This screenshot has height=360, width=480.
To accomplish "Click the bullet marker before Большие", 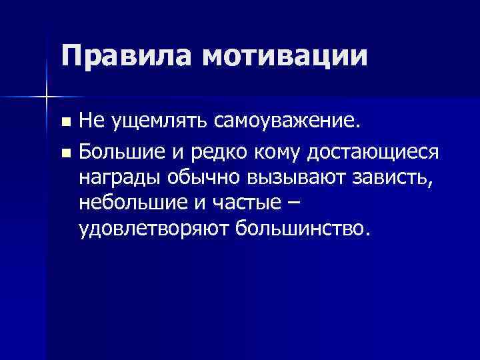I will click(x=65, y=154).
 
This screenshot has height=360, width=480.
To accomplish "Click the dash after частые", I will click(x=303, y=203).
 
